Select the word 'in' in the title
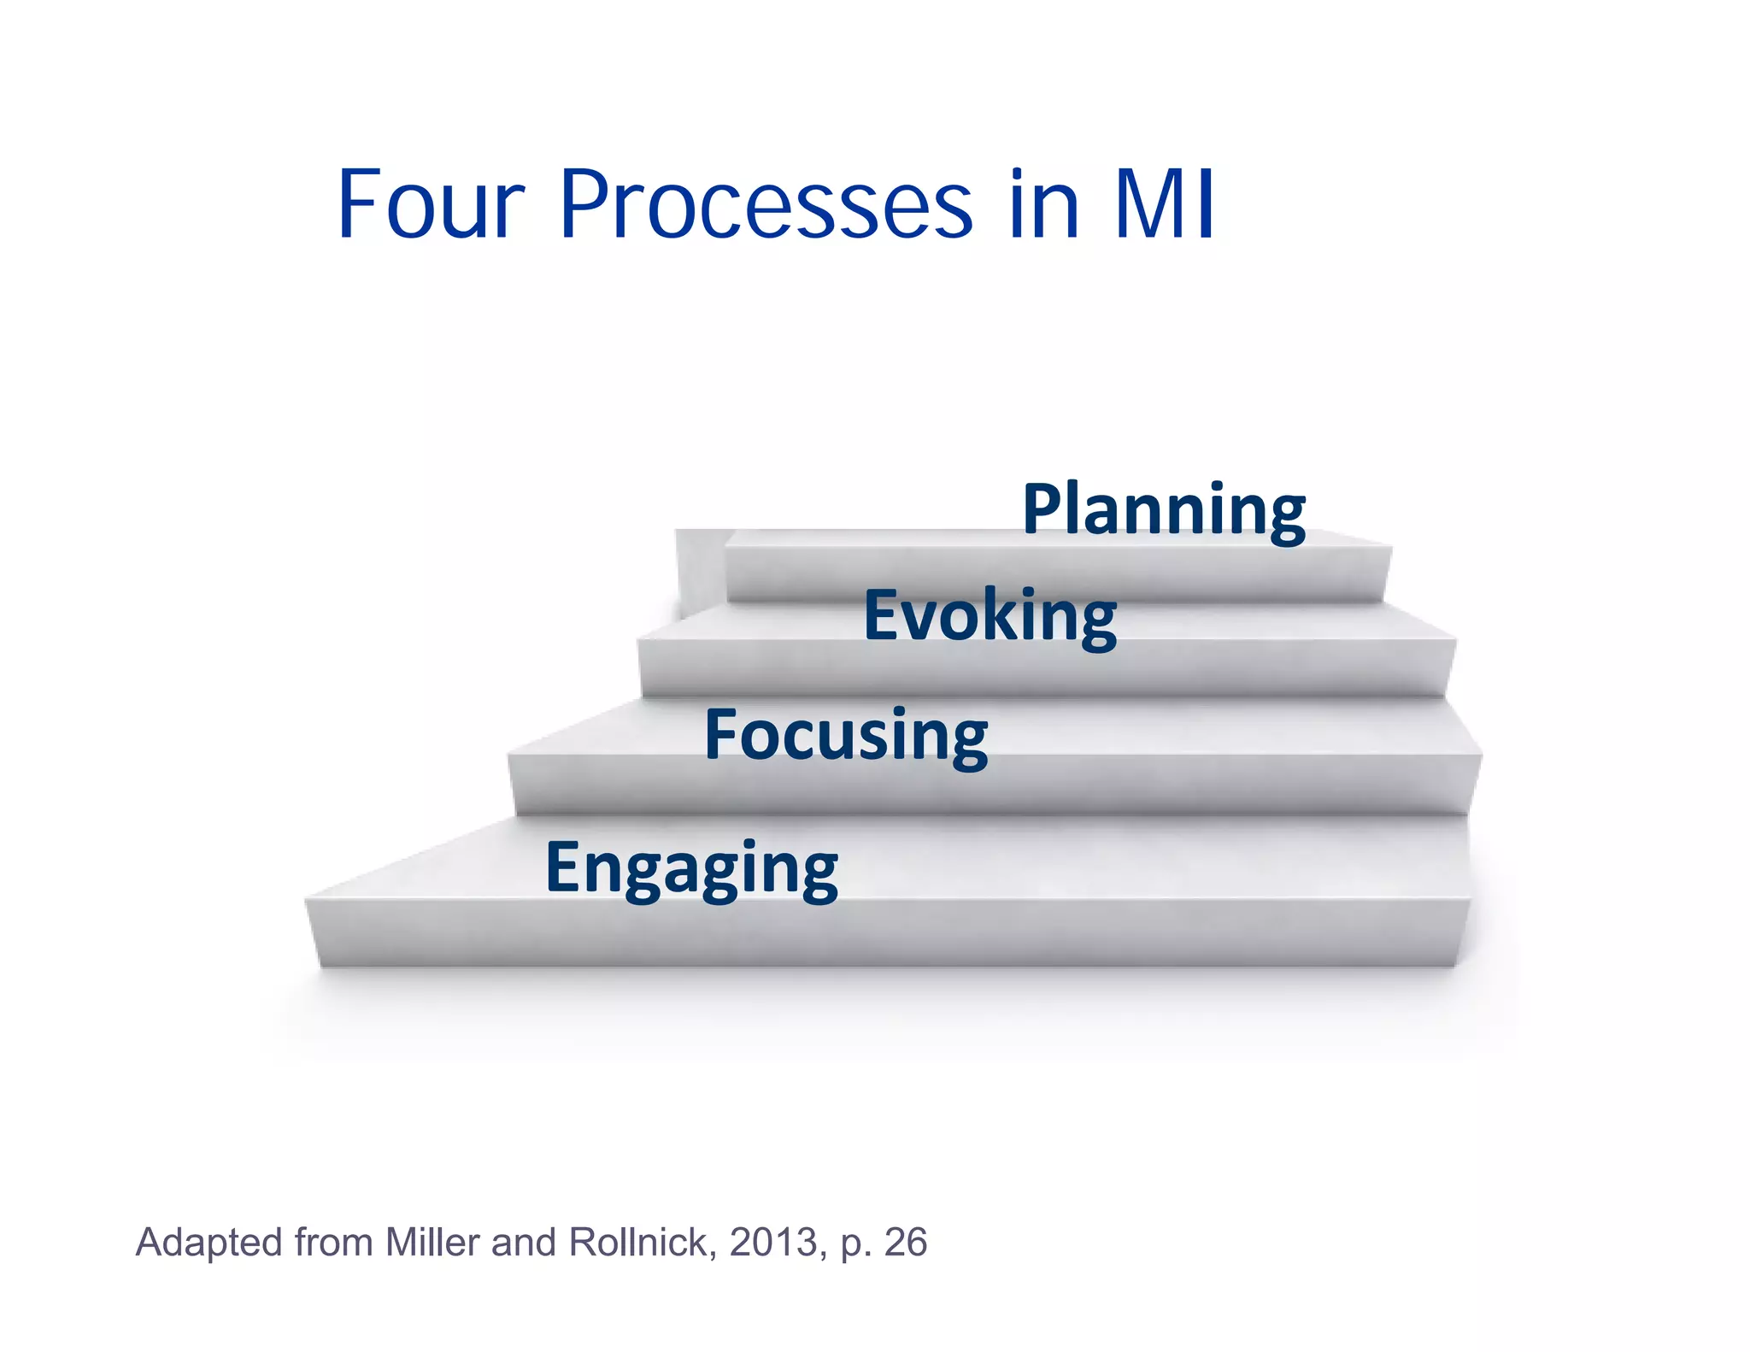(x=1043, y=205)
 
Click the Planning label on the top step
(x=1164, y=510)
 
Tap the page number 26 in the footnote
(x=905, y=1242)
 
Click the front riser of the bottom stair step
(x=889, y=933)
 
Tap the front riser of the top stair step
(x=1055, y=573)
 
